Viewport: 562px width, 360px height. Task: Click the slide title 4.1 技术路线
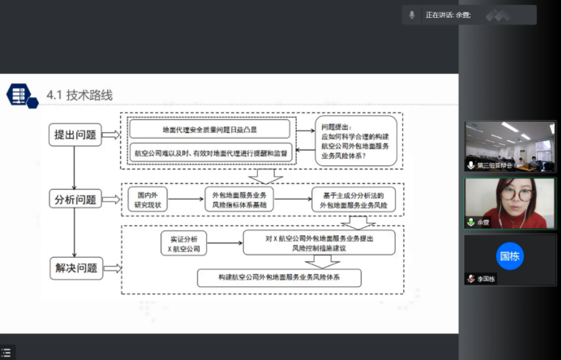coord(79,96)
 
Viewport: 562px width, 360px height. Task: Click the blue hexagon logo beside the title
coord(21,95)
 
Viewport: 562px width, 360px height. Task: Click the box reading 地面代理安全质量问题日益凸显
coord(209,129)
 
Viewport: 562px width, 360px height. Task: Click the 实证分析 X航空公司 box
coord(184,243)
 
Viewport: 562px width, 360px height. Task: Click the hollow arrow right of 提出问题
coord(112,135)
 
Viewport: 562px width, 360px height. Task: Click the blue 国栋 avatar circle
coord(510,256)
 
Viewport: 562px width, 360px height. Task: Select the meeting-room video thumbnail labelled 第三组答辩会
coord(510,146)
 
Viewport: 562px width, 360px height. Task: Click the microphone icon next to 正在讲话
coord(412,15)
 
